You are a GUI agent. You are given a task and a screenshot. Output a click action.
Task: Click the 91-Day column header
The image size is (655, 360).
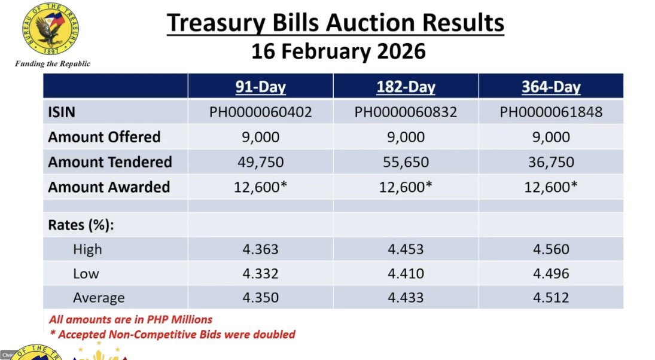pyautogui.click(x=260, y=87)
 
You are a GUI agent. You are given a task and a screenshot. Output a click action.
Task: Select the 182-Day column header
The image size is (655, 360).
pyautogui.click(x=406, y=87)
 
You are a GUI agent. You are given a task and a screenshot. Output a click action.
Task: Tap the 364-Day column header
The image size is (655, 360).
pyautogui.click(x=551, y=87)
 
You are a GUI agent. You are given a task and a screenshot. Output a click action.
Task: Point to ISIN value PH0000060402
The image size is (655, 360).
pyautogui.click(x=260, y=112)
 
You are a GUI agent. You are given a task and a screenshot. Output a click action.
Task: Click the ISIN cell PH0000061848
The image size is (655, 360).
pyautogui.click(x=551, y=112)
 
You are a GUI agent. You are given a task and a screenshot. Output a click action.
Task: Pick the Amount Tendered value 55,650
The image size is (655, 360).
pyautogui.click(x=406, y=162)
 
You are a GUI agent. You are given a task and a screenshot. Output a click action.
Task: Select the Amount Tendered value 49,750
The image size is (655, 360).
pyautogui.click(x=260, y=162)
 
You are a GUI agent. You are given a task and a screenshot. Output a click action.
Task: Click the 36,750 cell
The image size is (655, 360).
pyautogui.click(x=551, y=162)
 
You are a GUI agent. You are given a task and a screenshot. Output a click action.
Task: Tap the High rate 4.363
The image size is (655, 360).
pyautogui.click(x=260, y=249)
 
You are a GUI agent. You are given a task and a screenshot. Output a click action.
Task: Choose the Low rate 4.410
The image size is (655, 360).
pyautogui.click(x=406, y=274)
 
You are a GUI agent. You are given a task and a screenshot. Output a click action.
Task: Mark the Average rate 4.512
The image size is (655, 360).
pyautogui.click(x=551, y=298)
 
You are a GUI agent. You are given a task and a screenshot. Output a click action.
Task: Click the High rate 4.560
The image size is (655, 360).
pyautogui.click(x=551, y=249)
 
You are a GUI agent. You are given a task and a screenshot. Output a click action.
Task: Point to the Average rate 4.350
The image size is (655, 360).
pyautogui.click(x=260, y=298)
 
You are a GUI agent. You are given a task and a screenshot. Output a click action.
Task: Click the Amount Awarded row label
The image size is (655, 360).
pyautogui.click(x=109, y=187)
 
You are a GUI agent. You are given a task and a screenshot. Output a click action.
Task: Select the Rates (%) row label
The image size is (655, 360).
pyautogui.click(x=81, y=225)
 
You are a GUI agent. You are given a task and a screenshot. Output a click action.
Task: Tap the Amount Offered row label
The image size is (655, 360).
pyautogui.click(x=104, y=137)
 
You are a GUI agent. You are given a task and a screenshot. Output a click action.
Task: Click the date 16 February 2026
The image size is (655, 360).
pyautogui.click(x=338, y=51)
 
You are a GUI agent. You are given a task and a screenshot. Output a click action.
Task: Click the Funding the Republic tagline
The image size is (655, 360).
pyautogui.click(x=53, y=63)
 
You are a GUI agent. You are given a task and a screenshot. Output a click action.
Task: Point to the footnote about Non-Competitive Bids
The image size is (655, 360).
pyautogui.click(x=172, y=334)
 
